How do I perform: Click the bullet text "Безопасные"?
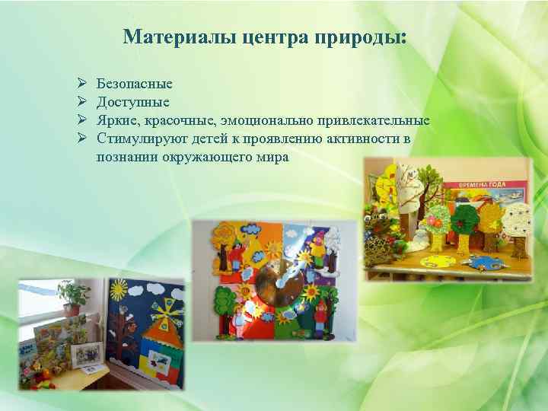135,84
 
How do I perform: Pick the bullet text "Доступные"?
133,102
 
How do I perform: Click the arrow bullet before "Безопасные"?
81,84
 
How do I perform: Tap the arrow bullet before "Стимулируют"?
81,139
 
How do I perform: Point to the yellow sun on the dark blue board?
119,290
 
